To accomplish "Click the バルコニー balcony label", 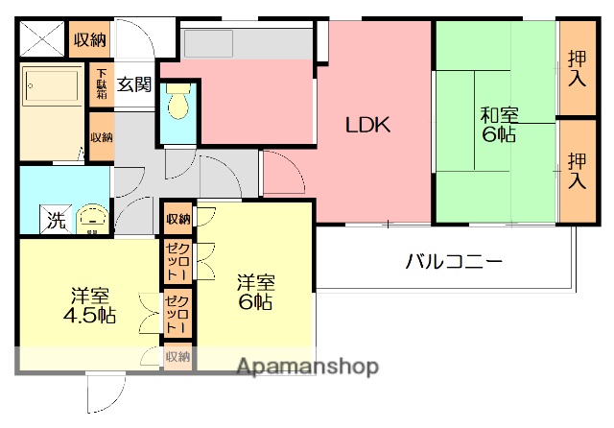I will (x=453, y=260).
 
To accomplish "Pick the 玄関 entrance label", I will (x=134, y=83).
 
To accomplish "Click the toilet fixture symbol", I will (x=177, y=103).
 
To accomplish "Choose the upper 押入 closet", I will (x=577, y=68).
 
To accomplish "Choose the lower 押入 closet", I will (x=577, y=170).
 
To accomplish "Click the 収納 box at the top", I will (x=90, y=39).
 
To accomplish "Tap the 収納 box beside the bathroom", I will (x=102, y=137).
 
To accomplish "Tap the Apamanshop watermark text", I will (x=307, y=367).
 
